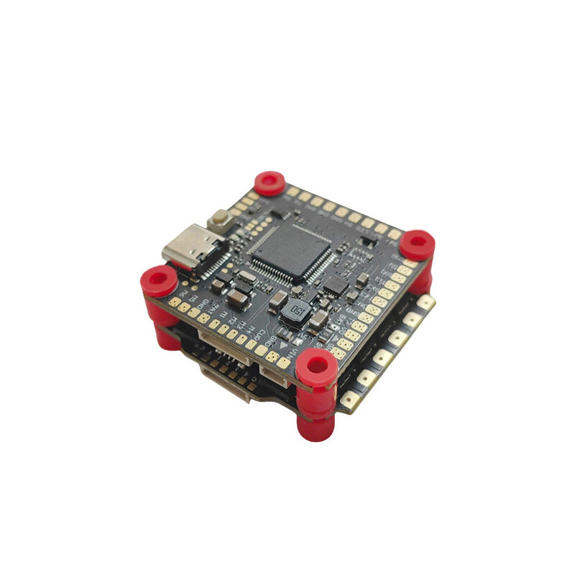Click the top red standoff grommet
(x=270, y=182)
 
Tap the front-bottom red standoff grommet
(x=316, y=366)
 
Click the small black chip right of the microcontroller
(x=335, y=286)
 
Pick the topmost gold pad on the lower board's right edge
(x=425, y=301)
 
